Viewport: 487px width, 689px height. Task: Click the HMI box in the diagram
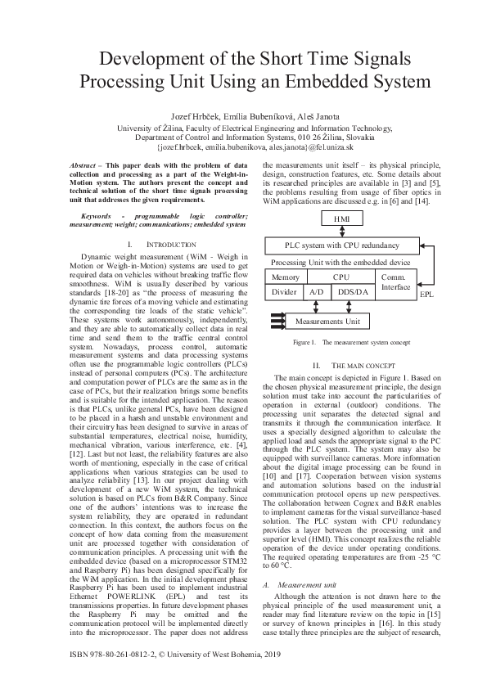pyautogui.click(x=341, y=219)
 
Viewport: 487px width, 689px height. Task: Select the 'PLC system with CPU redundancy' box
pyautogui.click(x=341, y=245)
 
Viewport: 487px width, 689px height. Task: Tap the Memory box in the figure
pyautogui.click(x=284, y=278)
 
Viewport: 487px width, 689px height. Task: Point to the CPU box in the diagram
pyautogui.click(x=340, y=278)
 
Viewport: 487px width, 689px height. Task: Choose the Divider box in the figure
pyautogui.click(x=284, y=291)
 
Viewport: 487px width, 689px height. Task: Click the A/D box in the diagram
pyautogui.click(x=316, y=291)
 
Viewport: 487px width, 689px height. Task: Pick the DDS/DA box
pyautogui.click(x=353, y=291)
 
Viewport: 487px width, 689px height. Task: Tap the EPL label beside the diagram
pyautogui.click(x=426, y=293)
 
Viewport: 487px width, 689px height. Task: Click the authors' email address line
pyautogui.click(x=243, y=148)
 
